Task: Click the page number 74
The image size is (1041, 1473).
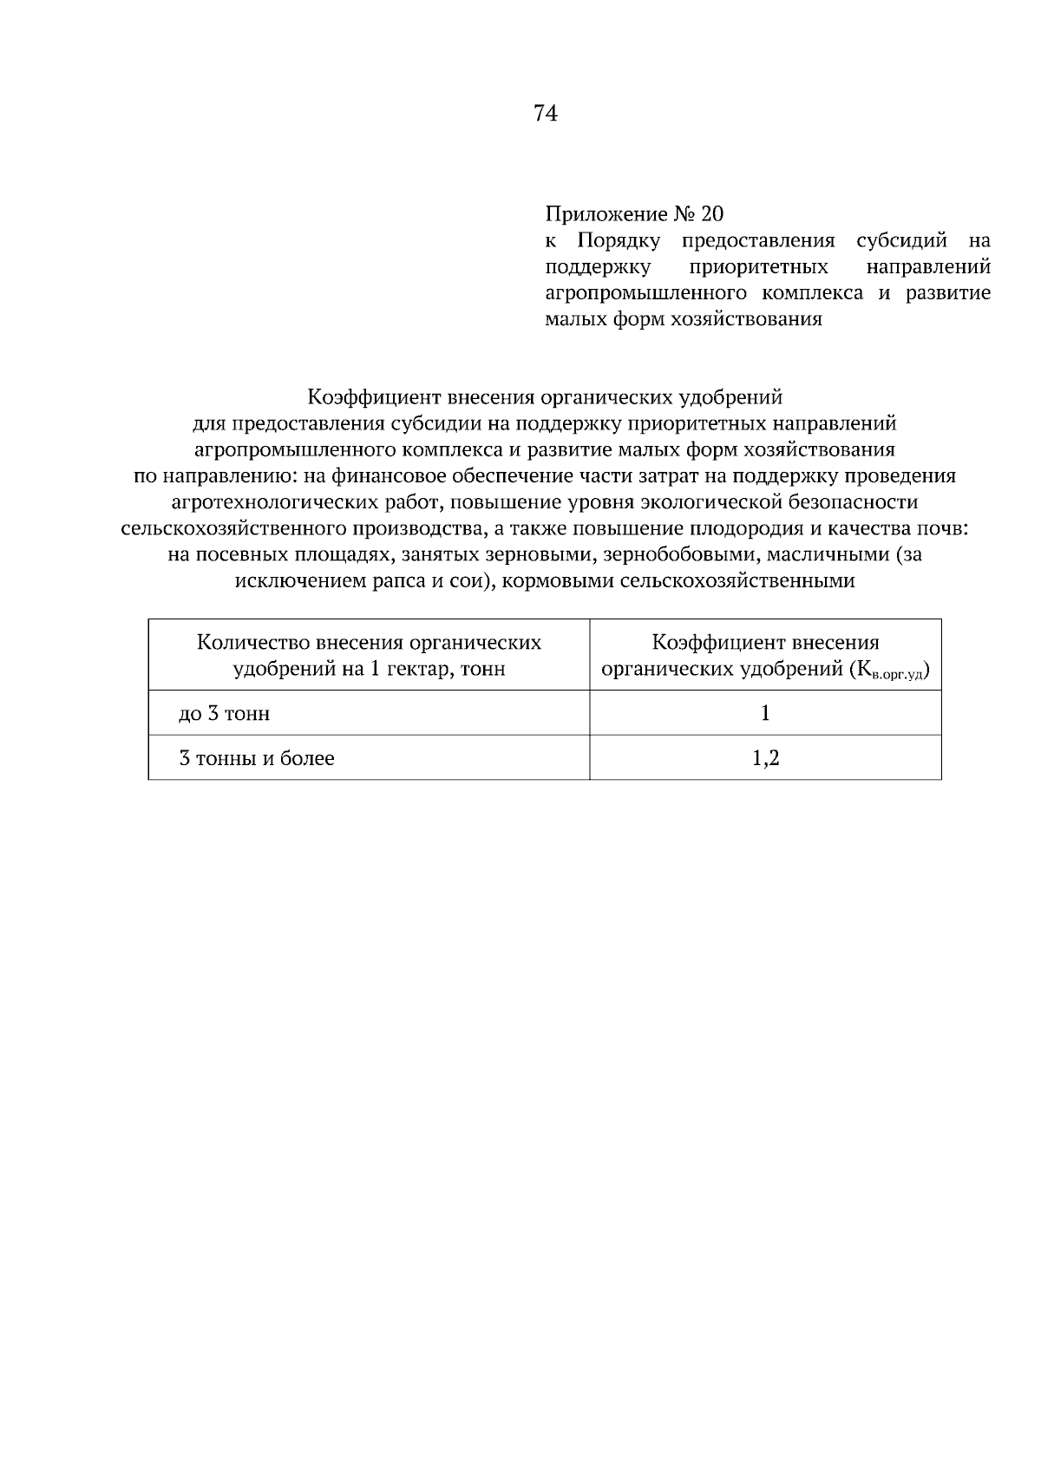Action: [546, 114]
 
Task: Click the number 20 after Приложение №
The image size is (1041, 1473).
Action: [712, 213]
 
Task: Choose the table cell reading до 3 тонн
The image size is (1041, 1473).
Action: [224, 714]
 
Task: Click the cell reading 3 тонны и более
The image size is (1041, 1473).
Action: [256, 759]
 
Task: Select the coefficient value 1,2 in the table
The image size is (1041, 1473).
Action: [765, 759]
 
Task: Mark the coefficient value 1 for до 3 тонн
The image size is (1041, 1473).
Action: [765, 714]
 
